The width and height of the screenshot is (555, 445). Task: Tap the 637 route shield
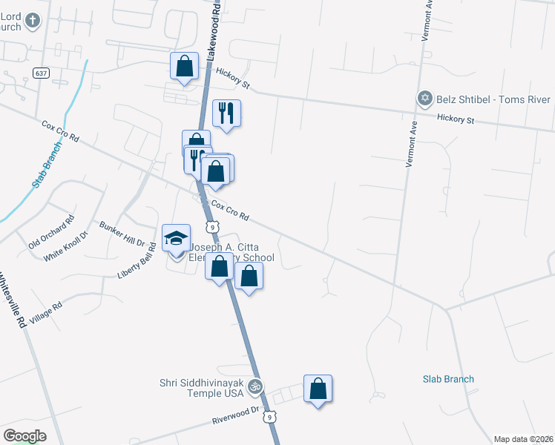(x=41, y=72)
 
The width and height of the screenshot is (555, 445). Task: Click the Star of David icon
(x=425, y=99)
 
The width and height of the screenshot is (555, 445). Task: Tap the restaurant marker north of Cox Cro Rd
(x=226, y=113)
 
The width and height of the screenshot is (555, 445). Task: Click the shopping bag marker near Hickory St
(x=184, y=66)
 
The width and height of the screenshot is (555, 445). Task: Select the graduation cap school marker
(x=177, y=239)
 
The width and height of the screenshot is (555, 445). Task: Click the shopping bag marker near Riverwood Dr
(x=318, y=389)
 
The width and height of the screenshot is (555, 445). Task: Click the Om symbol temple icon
(x=255, y=386)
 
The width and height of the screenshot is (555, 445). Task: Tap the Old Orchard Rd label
(x=52, y=231)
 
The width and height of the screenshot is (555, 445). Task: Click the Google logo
(x=24, y=435)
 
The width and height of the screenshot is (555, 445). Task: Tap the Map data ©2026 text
(x=523, y=439)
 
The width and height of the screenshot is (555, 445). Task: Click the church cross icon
(x=31, y=20)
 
